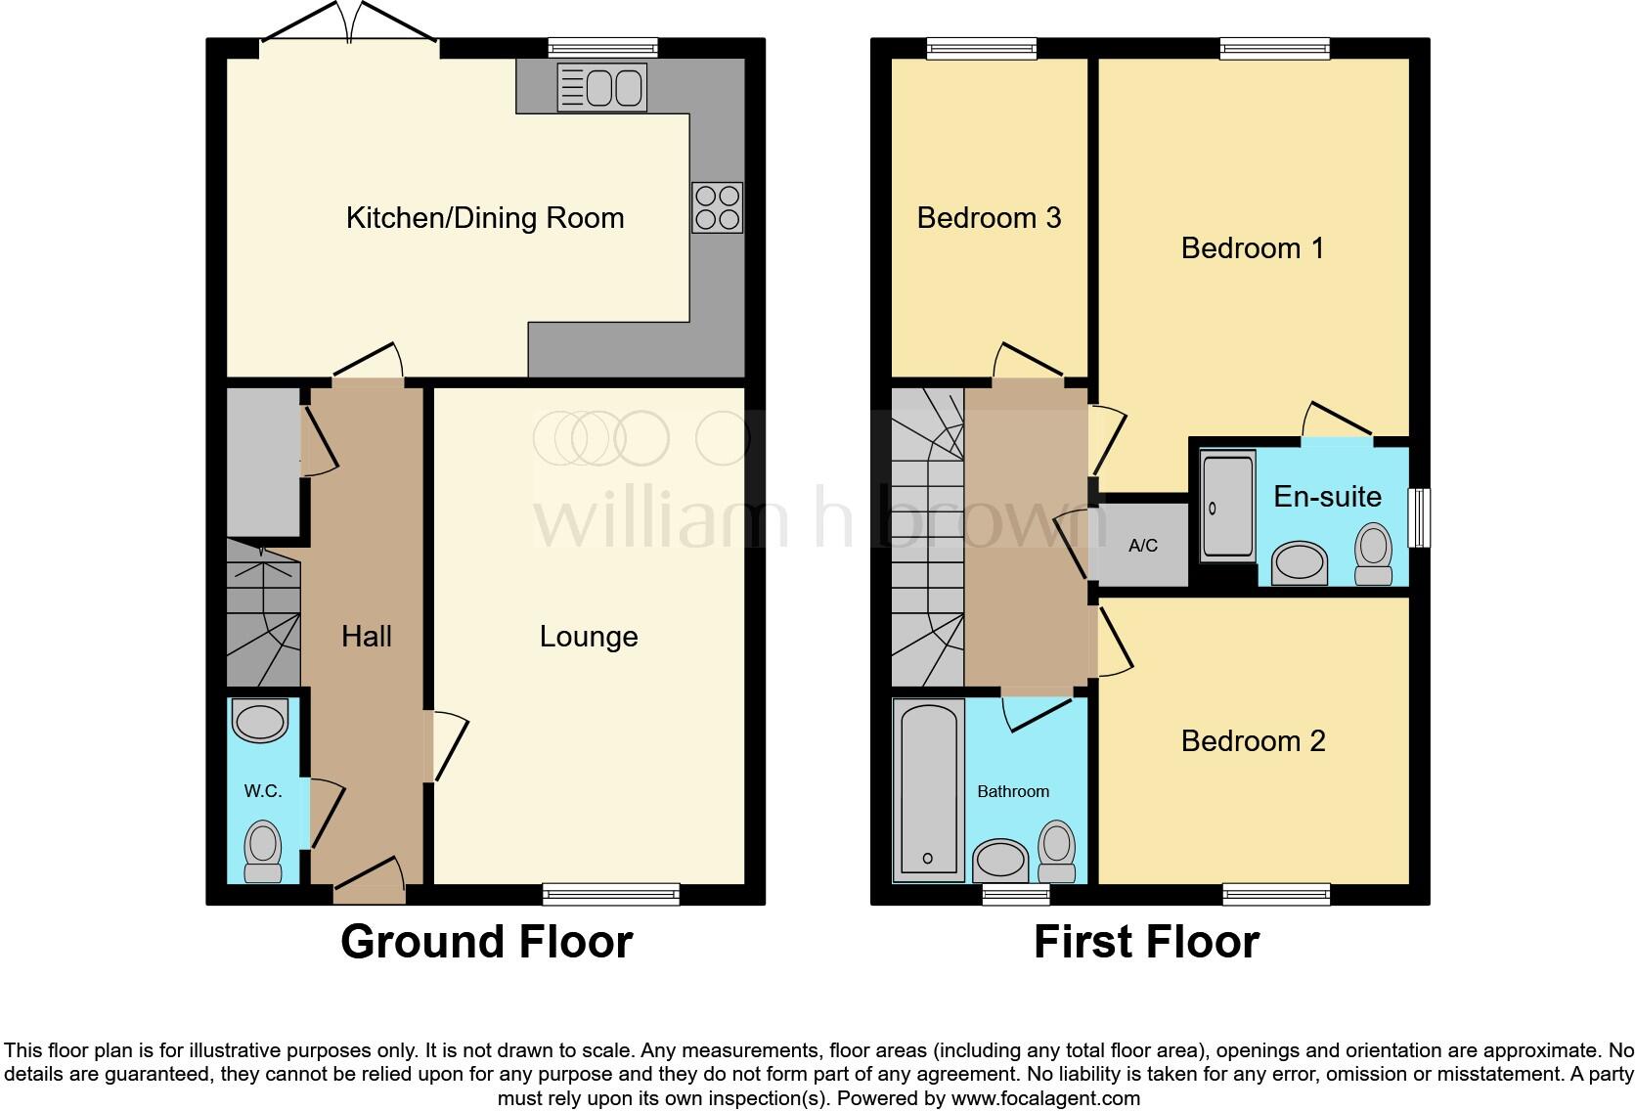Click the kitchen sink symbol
pyautogui.click(x=601, y=88)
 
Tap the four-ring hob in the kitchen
pyautogui.click(x=717, y=207)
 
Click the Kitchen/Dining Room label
pyautogui.click(x=485, y=218)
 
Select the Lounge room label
pyautogui.click(x=589, y=637)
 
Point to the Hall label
pyautogui.click(x=367, y=637)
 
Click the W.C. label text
pyautogui.click(x=263, y=791)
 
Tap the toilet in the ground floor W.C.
pyautogui.click(x=262, y=852)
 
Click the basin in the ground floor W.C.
pyautogui.click(x=260, y=722)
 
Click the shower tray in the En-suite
pyautogui.click(x=1227, y=507)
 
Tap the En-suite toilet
pyautogui.click(x=1374, y=555)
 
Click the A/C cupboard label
pyautogui.click(x=1143, y=546)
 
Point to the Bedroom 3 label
pyautogui.click(x=989, y=218)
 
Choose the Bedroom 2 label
pyautogui.click(x=1253, y=741)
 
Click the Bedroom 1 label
pyautogui.click(x=1253, y=248)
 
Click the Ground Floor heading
pyautogui.click(x=486, y=942)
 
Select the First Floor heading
pyautogui.click(x=1146, y=942)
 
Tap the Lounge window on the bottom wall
pyautogui.click(x=611, y=893)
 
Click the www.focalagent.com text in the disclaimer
pyautogui.click(x=1045, y=1098)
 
